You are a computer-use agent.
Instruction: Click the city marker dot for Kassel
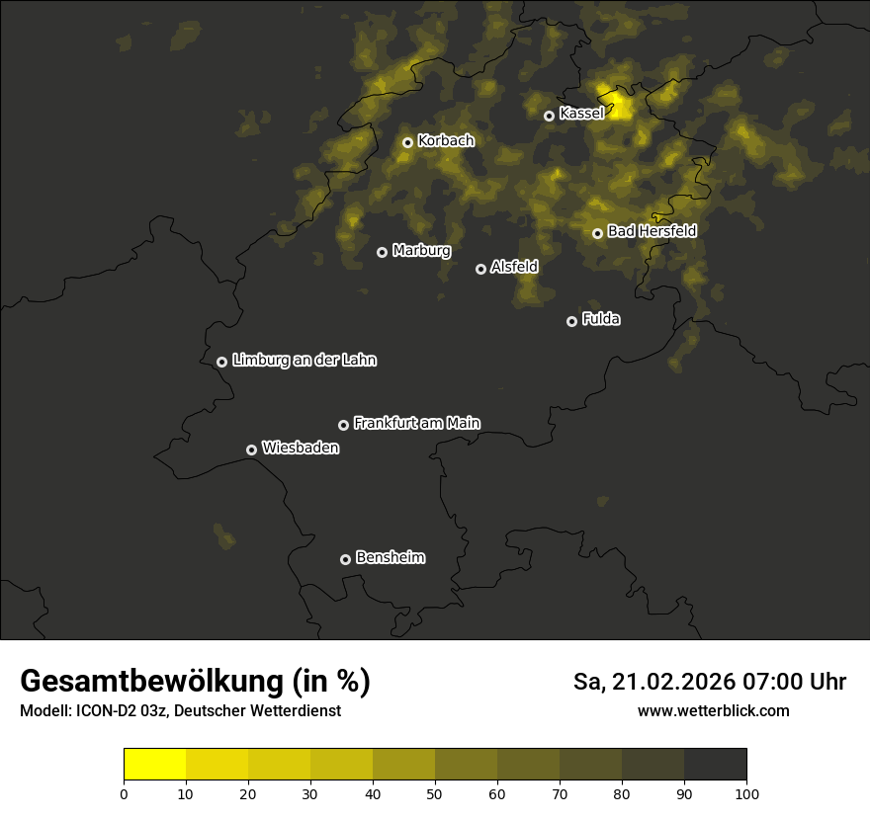pos(549,116)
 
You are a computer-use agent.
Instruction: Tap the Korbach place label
pos(446,141)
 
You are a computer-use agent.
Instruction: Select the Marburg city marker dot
pos(382,252)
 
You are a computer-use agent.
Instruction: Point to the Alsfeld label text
pos(514,267)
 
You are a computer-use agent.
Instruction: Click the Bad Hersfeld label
pos(652,231)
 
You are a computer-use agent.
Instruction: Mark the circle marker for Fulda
pos(571,321)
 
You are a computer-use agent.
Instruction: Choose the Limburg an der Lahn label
pos(304,361)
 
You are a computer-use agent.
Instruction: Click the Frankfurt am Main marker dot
pos(343,425)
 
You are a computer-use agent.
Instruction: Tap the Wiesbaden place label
pos(301,449)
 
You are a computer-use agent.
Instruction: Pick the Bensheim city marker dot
pos(345,559)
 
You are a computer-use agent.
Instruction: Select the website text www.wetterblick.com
pos(714,710)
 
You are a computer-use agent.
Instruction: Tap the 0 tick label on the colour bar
pos(124,793)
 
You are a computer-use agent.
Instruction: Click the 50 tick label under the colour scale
pos(435,793)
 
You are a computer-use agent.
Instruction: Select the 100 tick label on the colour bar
pos(746,793)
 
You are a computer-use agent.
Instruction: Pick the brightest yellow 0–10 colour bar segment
pos(155,765)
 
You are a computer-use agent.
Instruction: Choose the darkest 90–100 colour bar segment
pos(715,765)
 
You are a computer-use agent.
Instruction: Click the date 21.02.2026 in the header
pos(674,682)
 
